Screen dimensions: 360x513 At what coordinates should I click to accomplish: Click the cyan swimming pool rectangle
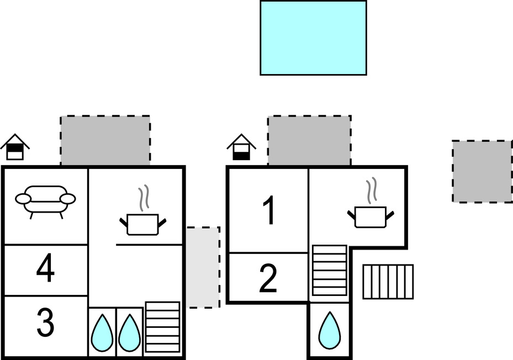click(x=313, y=38)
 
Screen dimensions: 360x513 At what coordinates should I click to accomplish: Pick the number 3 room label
click(x=45, y=324)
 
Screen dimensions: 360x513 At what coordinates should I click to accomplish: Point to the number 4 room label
click(x=45, y=270)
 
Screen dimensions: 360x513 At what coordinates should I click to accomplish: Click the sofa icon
click(x=45, y=200)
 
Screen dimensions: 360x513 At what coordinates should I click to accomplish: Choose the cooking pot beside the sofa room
click(x=143, y=219)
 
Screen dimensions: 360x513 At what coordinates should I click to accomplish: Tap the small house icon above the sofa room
click(x=15, y=147)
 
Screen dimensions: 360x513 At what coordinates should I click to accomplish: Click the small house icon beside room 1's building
click(x=241, y=147)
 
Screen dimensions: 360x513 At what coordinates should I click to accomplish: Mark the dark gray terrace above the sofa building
click(x=105, y=140)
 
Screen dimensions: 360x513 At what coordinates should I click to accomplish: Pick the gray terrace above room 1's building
click(x=309, y=140)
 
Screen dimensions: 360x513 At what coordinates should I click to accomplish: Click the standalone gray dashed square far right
click(x=482, y=171)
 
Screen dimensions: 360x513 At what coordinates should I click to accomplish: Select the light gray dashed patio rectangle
click(x=203, y=267)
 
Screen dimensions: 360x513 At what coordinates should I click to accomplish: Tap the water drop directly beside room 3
click(x=102, y=333)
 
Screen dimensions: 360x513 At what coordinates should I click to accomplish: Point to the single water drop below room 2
click(x=329, y=330)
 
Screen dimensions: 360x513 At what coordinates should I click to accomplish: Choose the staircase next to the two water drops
click(x=162, y=327)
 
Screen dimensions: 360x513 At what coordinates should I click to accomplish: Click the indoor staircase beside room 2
click(x=330, y=271)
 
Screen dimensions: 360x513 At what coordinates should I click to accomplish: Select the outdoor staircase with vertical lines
click(x=388, y=282)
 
